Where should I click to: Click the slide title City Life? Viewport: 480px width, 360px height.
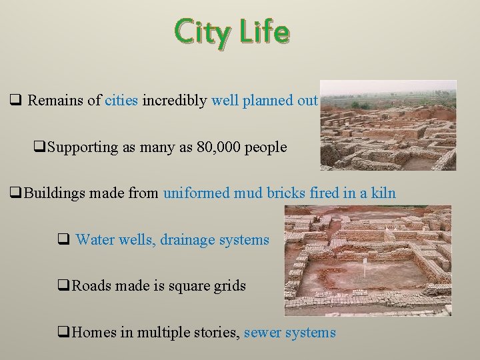coord(232,32)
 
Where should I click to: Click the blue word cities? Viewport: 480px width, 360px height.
coord(121,101)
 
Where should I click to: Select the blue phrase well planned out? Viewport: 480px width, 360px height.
coord(264,101)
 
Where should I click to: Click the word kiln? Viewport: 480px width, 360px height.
coord(383,193)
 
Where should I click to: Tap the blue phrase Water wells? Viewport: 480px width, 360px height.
coord(115,239)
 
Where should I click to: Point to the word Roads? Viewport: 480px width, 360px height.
coord(91,286)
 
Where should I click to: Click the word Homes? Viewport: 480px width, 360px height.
coord(93,332)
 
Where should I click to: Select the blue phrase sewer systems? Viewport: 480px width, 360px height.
coord(290,332)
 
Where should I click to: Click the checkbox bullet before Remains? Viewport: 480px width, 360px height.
coord(17,101)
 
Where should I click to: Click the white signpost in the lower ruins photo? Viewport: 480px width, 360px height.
coord(365,266)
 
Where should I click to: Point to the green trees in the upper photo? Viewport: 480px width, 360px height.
coord(363,105)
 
